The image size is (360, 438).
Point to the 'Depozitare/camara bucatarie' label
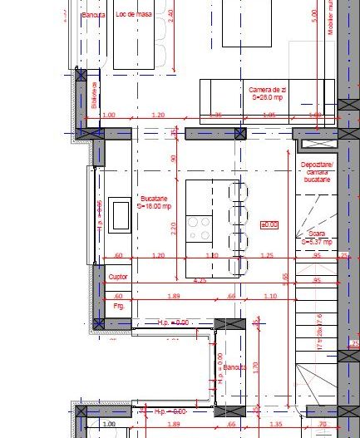tap(316, 172)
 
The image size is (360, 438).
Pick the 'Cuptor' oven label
tap(118, 276)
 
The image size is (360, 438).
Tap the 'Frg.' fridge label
tap(117, 306)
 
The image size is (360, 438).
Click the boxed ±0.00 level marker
tap(269, 224)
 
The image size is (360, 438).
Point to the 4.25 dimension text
tap(200, 282)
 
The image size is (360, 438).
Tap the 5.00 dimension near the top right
tap(313, 14)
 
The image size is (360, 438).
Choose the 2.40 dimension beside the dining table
tap(170, 14)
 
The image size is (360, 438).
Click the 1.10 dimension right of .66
tap(269, 296)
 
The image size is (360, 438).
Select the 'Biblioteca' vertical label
tap(95, 95)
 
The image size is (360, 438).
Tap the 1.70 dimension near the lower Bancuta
tap(255, 365)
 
